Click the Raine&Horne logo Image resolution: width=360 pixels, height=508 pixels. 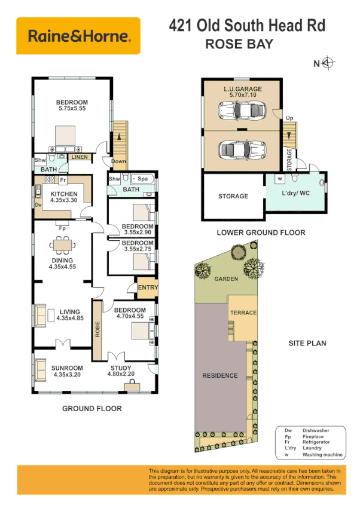pos(78,36)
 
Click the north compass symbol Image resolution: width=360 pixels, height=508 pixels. pos(328,62)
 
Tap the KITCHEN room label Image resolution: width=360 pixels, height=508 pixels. pos(63,195)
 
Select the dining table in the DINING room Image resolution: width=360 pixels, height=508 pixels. pos(63,244)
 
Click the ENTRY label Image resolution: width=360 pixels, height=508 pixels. pos(147,288)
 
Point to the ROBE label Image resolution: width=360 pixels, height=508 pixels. pos(97,330)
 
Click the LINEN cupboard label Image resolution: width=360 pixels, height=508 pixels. pos(80,157)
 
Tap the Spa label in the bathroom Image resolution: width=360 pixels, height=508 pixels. pos(144,179)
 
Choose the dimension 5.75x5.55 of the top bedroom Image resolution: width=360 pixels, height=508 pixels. pos(72,109)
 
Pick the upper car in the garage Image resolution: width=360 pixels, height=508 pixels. pos(242,110)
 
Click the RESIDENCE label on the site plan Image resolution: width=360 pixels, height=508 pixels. pos(220,376)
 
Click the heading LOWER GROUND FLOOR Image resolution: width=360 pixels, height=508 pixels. pos(261,232)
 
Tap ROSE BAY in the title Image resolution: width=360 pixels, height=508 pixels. pos(239,44)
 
